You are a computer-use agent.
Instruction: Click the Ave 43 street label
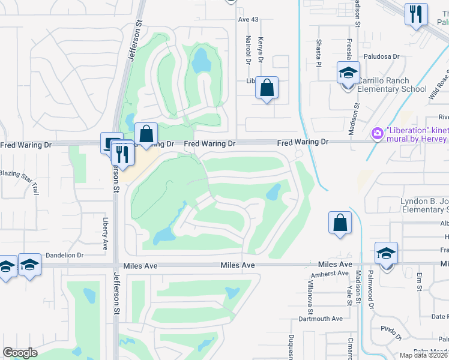click(248, 20)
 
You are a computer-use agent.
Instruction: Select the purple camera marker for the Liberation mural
click(378, 132)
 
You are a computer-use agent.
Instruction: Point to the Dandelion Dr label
click(64, 255)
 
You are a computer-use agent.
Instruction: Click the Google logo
click(20, 353)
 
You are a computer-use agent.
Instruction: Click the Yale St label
click(349, 290)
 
